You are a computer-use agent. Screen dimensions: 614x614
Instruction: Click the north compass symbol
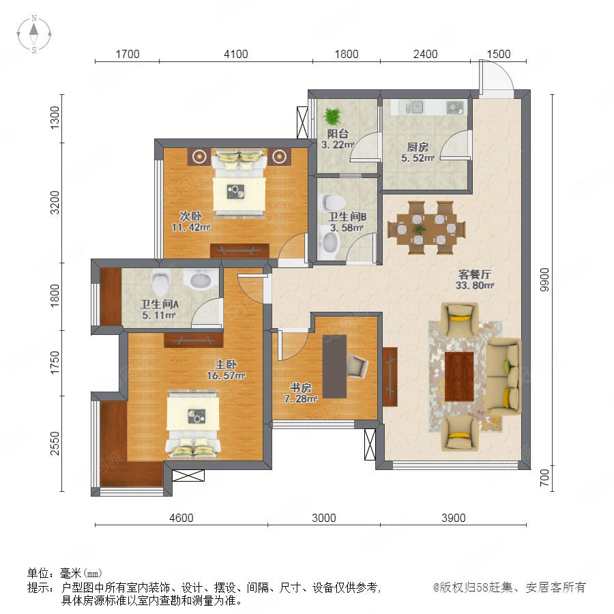[34, 33]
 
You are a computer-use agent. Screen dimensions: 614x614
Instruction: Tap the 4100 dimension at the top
[236, 54]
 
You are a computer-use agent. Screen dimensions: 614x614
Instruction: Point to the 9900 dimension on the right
[544, 280]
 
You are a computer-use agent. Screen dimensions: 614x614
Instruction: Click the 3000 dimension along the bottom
[324, 518]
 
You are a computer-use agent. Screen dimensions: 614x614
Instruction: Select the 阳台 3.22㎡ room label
[338, 139]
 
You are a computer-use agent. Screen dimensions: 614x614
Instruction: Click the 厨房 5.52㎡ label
[418, 152]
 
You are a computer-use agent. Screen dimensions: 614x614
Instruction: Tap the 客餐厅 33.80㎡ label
[475, 280]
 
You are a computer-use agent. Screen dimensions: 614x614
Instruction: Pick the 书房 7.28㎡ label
[301, 393]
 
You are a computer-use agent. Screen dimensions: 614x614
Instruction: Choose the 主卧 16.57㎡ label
[226, 370]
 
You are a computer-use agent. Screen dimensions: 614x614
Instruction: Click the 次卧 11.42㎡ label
[191, 221]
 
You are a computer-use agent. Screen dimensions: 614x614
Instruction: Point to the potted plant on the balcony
[333, 116]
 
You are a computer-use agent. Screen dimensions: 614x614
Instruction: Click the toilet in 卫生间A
[160, 282]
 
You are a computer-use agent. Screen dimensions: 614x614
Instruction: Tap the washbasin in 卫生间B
[329, 243]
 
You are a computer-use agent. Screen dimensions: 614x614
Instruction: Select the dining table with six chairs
[426, 227]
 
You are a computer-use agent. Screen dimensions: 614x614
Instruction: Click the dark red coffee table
[459, 377]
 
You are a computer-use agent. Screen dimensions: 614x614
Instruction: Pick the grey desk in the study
[334, 366]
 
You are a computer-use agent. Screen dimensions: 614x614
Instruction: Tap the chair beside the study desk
[357, 365]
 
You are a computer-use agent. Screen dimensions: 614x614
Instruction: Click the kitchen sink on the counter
[415, 106]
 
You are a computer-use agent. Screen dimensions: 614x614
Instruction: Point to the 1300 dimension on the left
[55, 117]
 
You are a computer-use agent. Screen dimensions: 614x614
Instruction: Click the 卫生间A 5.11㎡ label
[160, 309]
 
